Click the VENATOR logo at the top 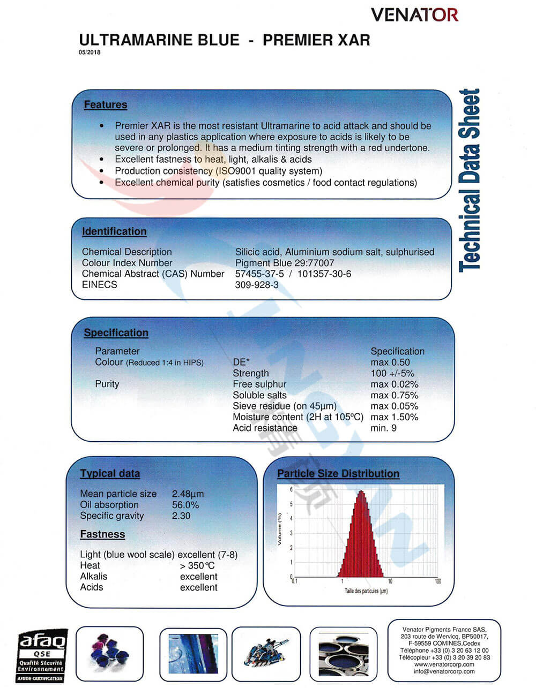[x=414, y=15]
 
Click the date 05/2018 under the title [x=90, y=52]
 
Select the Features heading [x=106, y=105]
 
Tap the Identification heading [x=114, y=232]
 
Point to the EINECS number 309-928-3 [x=257, y=285]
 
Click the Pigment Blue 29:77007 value [x=284, y=263]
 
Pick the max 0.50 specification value [x=390, y=362]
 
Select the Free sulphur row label [x=259, y=384]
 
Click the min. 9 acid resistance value [x=383, y=428]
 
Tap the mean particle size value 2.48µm [x=188, y=494]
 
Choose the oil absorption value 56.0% [x=185, y=505]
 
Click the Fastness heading [x=102, y=534]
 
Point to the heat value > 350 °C [x=197, y=566]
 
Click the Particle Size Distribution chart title [x=338, y=474]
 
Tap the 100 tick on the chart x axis [x=438, y=581]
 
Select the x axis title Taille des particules [x=366, y=591]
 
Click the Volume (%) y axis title [x=279, y=529]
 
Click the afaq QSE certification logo [x=41, y=655]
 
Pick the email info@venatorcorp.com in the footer [x=444, y=671]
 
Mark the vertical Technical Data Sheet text [x=469, y=180]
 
